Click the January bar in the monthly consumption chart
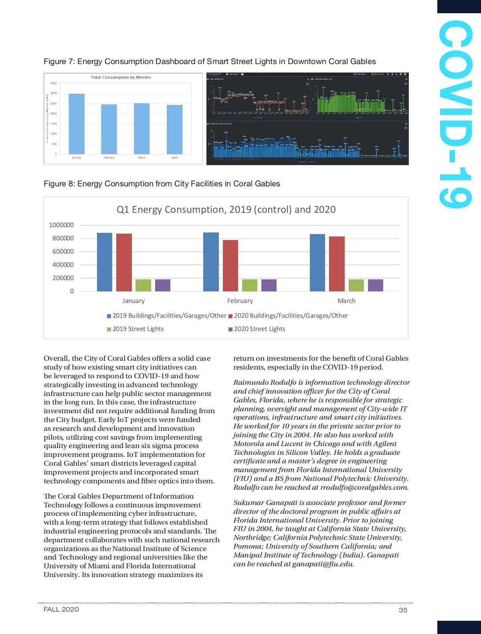coord(77,124)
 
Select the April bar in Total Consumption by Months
coord(174,129)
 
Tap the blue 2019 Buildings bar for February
coord(211,262)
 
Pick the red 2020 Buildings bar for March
coord(337,264)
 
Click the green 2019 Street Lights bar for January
coord(143,285)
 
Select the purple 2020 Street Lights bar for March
coord(375,285)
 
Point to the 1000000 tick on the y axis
coord(61,225)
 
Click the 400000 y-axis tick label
coord(63,265)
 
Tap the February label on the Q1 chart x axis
coord(240,301)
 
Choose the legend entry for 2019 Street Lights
coord(138,329)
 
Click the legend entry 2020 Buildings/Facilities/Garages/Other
coord(291,316)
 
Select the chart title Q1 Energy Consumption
coord(226,210)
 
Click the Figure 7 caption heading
coord(210,61)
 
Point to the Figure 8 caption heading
coord(162,184)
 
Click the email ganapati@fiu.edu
coord(323,564)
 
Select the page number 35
coord(403,610)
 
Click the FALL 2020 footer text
coord(61,610)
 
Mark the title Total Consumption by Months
coord(121,77)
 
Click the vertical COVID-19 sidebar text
coord(455,114)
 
